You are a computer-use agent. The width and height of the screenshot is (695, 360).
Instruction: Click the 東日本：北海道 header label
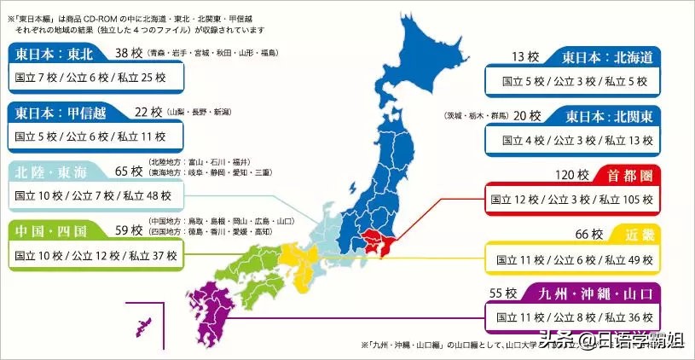(607, 57)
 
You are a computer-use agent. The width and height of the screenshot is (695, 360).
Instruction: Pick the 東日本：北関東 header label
(607, 115)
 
